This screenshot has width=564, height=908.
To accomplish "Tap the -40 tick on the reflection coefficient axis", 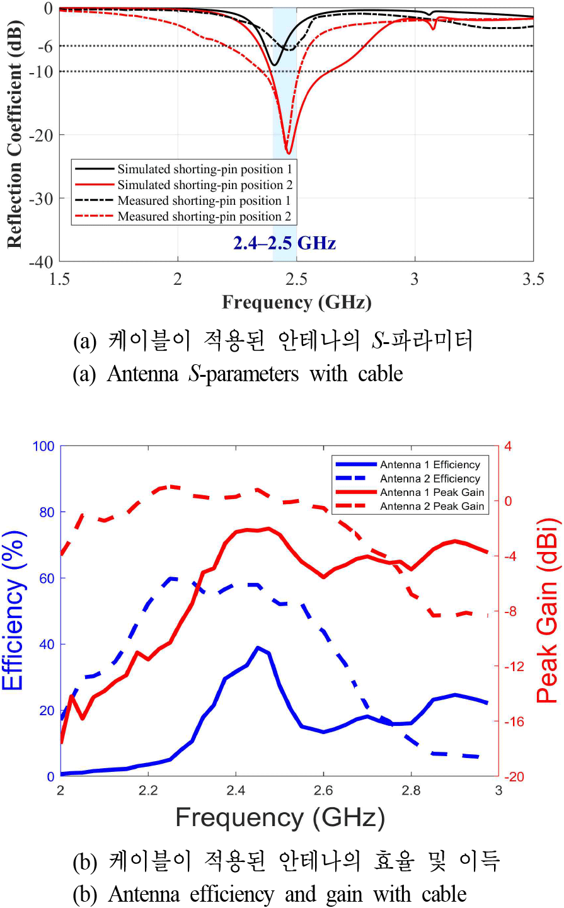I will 43,261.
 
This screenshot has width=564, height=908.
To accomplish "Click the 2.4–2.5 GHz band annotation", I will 285,243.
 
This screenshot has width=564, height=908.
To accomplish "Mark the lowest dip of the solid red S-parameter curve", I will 289,153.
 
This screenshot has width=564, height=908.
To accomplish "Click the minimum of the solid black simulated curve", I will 273,65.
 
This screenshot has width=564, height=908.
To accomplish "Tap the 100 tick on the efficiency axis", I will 43,447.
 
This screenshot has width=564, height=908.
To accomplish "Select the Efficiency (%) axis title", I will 14,611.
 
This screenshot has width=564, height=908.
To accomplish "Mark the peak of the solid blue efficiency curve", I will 258,647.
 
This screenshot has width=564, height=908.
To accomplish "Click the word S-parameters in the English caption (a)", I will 243,374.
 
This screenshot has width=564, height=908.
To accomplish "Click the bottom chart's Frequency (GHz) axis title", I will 280,817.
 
